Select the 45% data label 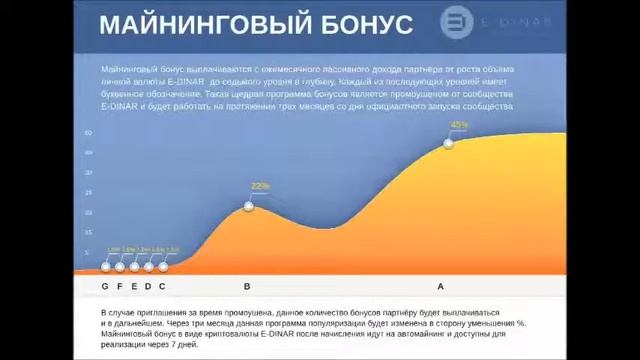tap(459, 125)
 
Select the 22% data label tap(260, 186)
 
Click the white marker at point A tap(448, 143)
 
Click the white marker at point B tap(249, 207)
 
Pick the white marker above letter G tap(106, 266)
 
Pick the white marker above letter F tap(120, 266)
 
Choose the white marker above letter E tap(134, 266)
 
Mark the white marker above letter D tap(149, 266)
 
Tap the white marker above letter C tap(163, 266)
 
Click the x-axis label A tap(441, 287)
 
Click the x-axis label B tap(248, 287)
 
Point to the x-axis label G tap(106, 287)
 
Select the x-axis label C tap(163, 287)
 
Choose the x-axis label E tap(134, 287)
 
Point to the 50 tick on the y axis tap(89, 133)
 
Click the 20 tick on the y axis tap(89, 213)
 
